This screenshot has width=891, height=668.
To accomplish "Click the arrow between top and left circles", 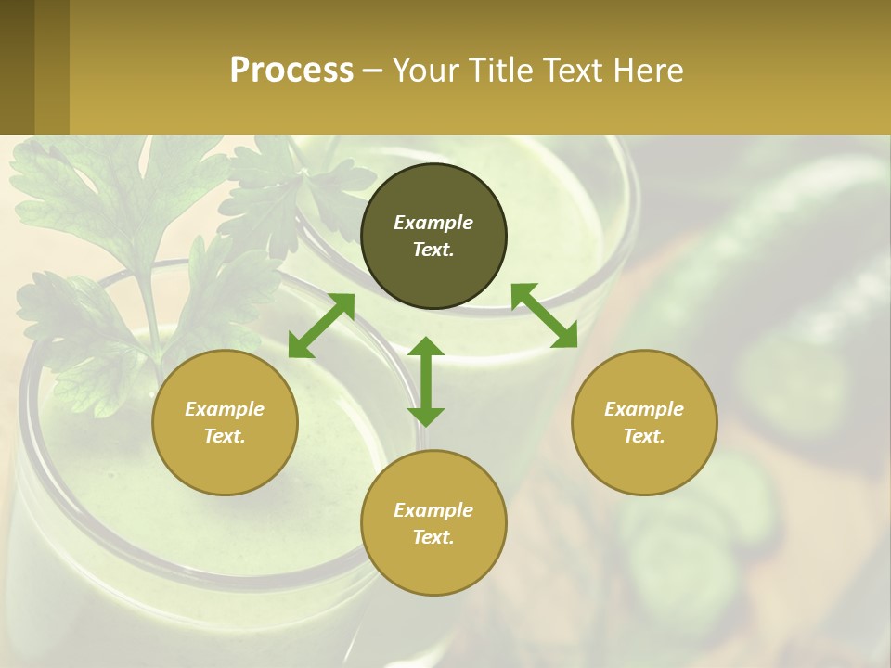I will (x=321, y=326).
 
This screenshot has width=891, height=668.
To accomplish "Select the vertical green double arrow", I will (x=426, y=381).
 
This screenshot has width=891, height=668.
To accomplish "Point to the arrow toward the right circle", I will (x=544, y=315).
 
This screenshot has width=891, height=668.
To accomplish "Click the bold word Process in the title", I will (x=291, y=70).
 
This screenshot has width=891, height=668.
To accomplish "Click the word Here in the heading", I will (x=649, y=70).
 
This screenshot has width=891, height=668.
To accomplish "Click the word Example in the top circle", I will (x=433, y=223).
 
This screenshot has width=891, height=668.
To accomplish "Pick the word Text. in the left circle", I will (x=225, y=436).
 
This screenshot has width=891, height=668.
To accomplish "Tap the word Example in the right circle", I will (x=644, y=409).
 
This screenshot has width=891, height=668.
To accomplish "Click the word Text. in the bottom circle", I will (x=433, y=537).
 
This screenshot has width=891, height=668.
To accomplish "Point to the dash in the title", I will (x=373, y=71).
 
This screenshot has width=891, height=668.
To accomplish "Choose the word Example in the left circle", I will (x=225, y=409).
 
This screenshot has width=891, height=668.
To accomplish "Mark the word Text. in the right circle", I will (x=644, y=436).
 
